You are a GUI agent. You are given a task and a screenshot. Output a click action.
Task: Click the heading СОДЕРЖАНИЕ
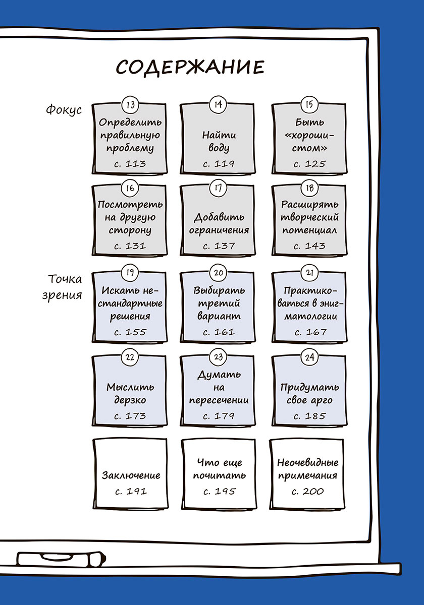190,68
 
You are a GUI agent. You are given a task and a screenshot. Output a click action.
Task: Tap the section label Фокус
64,109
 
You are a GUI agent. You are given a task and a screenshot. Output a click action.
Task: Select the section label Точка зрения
65,286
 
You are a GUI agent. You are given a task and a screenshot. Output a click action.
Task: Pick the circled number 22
130,357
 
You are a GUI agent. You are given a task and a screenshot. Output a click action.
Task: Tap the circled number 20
219,273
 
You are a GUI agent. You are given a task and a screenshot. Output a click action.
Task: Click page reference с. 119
219,163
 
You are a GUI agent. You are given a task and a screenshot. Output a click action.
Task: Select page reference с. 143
309,246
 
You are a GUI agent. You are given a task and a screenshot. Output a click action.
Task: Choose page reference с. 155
130,332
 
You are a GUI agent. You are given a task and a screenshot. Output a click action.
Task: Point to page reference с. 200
307,491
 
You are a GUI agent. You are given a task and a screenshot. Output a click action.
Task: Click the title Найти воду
219,142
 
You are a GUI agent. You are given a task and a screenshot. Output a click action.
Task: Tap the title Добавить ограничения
222,223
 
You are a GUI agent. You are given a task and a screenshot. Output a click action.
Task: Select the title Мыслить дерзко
130,394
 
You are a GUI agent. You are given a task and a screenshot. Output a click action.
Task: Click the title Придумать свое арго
309,394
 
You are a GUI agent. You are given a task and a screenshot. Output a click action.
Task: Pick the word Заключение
131,475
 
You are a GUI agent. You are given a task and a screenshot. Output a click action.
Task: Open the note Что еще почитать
219,469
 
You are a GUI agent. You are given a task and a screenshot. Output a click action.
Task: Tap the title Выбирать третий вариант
219,304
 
